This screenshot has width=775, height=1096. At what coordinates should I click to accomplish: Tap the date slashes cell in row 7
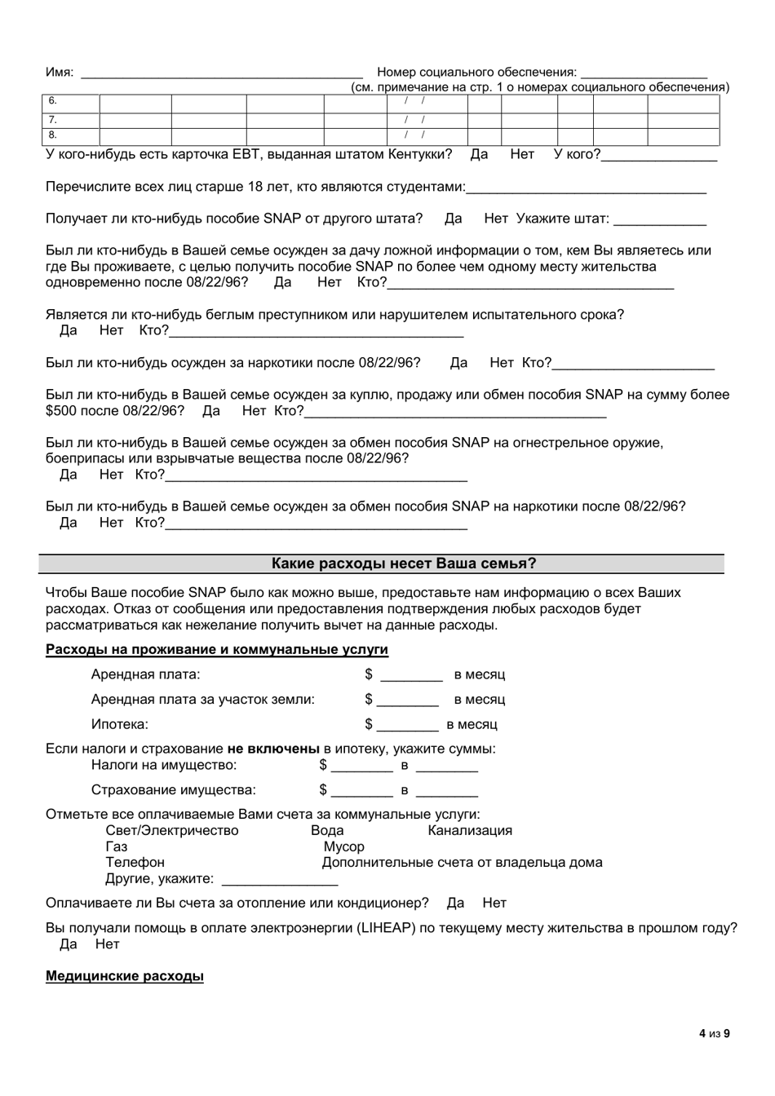(416, 119)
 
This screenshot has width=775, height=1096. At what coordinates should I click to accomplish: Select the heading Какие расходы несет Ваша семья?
(404, 563)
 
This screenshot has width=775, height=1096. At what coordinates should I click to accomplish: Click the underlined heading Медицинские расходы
(125, 976)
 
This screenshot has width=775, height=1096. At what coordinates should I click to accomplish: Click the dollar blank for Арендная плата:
(411, 676)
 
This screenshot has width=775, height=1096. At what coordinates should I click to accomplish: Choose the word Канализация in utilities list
(470, 831)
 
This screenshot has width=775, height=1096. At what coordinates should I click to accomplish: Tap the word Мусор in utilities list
(343, 846)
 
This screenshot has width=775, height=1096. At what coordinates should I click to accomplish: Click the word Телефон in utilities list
(135, 862)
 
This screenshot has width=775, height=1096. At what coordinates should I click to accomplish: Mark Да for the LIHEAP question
(69, 944)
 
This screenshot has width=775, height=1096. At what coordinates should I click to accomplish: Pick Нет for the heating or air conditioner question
(494, 903)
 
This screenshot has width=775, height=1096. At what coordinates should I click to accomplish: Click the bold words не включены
(273, 749)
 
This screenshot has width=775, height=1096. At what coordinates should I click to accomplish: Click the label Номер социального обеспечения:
(477, 73)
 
